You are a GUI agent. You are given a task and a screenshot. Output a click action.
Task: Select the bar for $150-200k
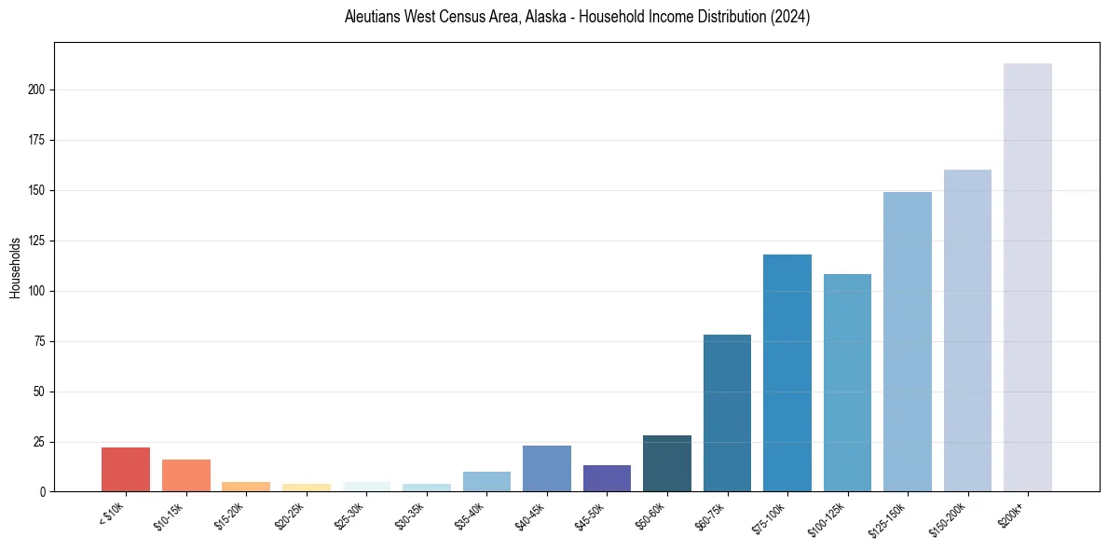pos(967,330)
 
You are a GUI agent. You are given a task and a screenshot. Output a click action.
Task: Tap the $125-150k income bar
pos(907,341)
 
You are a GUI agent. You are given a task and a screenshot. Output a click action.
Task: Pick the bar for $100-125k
pos(847,382)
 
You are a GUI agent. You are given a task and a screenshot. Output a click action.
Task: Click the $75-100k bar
pos(787,373)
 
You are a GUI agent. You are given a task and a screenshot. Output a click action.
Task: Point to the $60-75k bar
pos(727,413)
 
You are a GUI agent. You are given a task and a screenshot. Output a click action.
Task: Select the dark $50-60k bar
pos(667,463)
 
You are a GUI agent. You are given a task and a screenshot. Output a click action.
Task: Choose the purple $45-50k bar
pos(607,478)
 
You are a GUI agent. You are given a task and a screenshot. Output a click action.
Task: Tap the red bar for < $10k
pos(126,469)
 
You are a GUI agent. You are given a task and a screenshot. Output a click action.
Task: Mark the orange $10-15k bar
pos(186,475)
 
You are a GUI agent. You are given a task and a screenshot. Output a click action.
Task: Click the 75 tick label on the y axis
pos(40,341)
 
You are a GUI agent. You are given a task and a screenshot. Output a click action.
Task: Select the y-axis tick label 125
pos(37,241)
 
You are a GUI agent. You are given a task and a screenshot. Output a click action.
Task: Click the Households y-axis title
pos(16,268)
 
